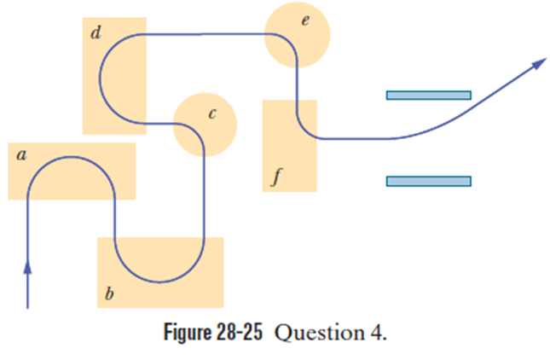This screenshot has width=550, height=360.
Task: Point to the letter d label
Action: pos(95,34)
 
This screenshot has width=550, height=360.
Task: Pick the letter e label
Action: pos(304,20)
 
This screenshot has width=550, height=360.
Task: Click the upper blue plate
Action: pos(428,95)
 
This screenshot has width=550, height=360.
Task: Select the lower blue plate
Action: pos(428,180)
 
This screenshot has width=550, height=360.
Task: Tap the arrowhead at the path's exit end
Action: pos(538,63)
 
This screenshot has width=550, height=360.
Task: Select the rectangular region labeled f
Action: pos(289,146)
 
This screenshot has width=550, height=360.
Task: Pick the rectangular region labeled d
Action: pos(114,75)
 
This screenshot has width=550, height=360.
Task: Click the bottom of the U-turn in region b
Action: pos(160,280)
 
